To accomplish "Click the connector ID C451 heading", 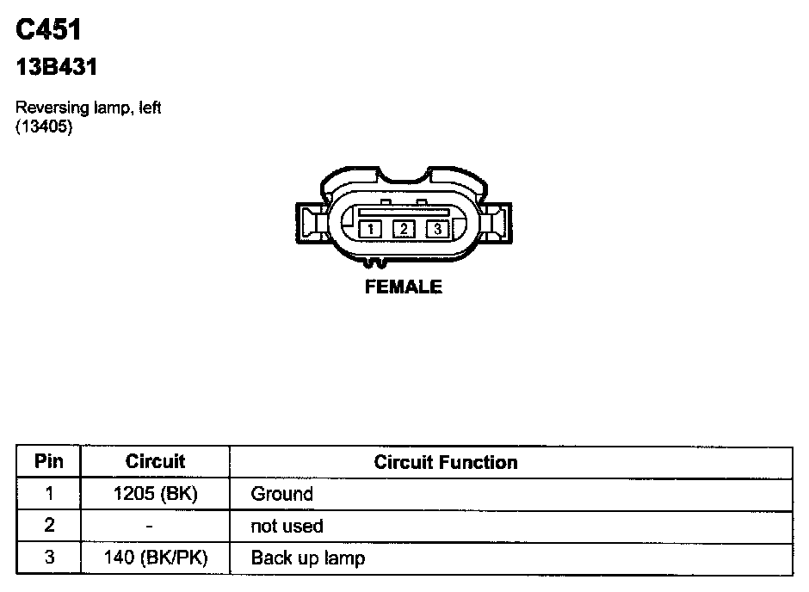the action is pyautogui.click(x=48, y=30).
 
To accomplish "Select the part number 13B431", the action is pyautogui.click(x=57, y=67).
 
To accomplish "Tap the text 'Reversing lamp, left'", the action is pyautogui.click(x=89, y=108).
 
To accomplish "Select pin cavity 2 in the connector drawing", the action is pyautogui.click(x=404, y=229).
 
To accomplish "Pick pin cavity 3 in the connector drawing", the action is pyautogui.click(x=437, y=229).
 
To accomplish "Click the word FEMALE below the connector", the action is pyautogui.click(x=404, y=287).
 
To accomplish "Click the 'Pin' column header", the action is pyautogui.click(x=48, y=461).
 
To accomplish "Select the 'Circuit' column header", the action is pyautogui.click(x=155, y=461).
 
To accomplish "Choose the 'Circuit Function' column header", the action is pyautogui.click(x=446, y=462).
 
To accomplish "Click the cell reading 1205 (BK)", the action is pyautogui.click(x=155, y=494).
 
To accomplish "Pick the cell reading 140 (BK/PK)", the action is pyautogui.click(x=155, y=558).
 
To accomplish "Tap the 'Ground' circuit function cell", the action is pyautogui.click(x=281, y=494).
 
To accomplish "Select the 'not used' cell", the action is pyautogui.click(x=287, y=526).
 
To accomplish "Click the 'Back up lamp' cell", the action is pyautogui.click(x=307, y=558).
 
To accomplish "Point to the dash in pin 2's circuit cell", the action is pyautogui.click(x=151, y=526).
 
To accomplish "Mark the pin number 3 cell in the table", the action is pyautogui.click(x=48, y=558).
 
